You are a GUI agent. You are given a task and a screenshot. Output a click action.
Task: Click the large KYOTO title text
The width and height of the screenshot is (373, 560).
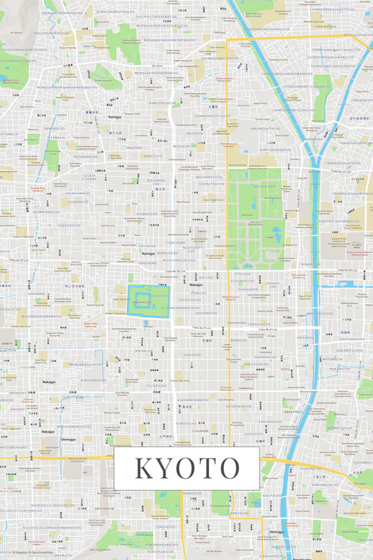(x=186, y=468)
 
